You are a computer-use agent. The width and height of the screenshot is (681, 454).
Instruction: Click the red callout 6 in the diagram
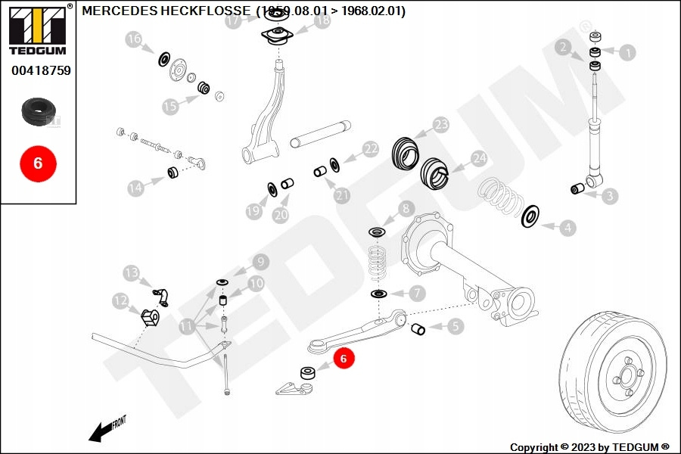pyautogui.click(x=343, y=359)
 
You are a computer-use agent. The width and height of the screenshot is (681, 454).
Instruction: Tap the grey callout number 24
pyautogui.click(x=478, y=159)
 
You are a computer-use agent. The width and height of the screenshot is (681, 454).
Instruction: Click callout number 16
pyautogui.click(x=134, y=40)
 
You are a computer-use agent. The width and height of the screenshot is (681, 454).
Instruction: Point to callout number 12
pyautogui.click(x=121, y=301)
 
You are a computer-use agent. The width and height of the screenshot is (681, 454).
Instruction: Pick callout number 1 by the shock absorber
pyautogui.click(x=627, y=52)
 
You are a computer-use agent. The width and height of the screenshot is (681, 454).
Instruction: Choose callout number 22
pyautogui.click(x=369, y=149)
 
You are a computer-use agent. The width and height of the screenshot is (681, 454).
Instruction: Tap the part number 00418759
pyautogui.click(x=41, y=71)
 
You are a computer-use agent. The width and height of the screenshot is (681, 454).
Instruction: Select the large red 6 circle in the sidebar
pyautogui.click(x=38, y=162)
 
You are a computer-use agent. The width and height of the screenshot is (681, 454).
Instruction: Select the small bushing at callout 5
pyautogui.click(x=418, y=329)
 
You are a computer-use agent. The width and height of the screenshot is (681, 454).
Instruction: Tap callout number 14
pyautogui.click(x=135, y=188)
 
